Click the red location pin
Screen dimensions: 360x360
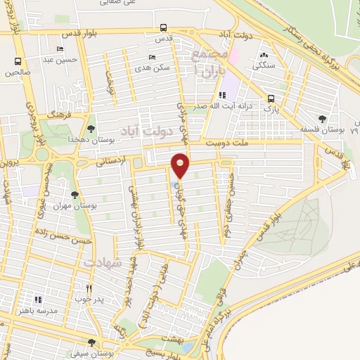(181, 165)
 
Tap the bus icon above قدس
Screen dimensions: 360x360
(163, 28)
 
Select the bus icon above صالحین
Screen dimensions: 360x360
(18, 60)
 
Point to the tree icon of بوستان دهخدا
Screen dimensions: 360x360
(91, 128)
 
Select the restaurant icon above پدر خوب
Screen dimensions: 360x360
(89, 288)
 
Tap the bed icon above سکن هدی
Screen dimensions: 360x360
(153, 58)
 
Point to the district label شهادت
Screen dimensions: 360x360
(103, 262)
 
